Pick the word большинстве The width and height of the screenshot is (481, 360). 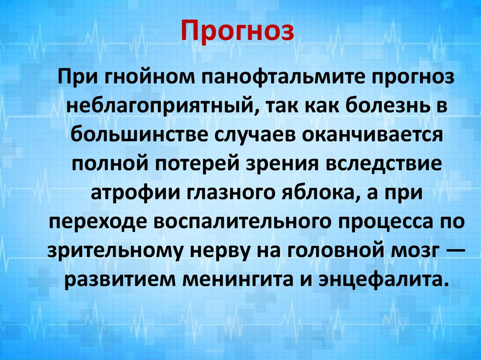(139, 135)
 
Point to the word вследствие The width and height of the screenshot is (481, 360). (396, 165)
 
